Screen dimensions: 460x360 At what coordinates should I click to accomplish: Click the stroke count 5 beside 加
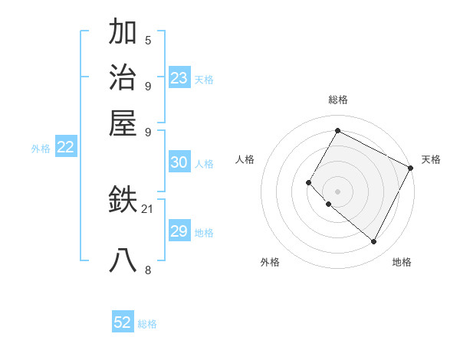point(148,41)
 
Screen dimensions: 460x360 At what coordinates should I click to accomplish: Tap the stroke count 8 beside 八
point(148,270)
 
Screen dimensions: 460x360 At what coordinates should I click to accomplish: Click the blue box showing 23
point(179,78)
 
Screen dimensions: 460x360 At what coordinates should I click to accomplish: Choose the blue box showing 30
point(179,162)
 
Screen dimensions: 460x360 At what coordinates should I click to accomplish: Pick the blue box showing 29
point(179,231)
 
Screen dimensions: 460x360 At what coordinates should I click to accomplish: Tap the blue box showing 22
point(65,147)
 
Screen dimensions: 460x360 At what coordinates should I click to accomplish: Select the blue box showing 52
point(123,322)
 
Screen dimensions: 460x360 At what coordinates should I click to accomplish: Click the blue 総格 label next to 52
point(147,324)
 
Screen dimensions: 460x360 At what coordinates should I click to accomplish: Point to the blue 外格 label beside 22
point(40,149)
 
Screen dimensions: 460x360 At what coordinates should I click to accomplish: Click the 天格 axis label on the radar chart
point(431,159)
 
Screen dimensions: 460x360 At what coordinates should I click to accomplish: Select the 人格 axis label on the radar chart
point(245,159)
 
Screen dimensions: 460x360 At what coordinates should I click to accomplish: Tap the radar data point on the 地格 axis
point(373,242)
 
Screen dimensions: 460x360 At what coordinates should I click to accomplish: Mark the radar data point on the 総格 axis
point(337,130)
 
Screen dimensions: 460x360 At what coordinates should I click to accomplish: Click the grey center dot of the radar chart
point(337,191)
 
